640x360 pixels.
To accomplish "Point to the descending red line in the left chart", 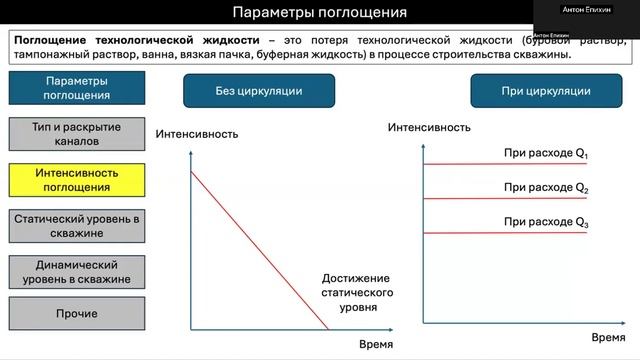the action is coord(260,250).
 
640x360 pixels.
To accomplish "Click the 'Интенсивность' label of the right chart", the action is coord(429,128).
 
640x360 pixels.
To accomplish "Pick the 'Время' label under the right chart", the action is coord(608,338).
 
